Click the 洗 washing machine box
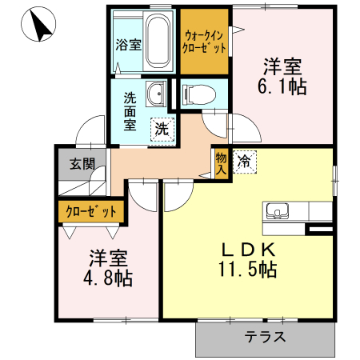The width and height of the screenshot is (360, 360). (x=162, y=127)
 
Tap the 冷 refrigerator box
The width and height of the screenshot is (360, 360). (x=245, y=160)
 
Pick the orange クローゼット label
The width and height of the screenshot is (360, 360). (x=91, y=211)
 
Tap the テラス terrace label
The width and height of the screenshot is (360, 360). (x=266, y=336)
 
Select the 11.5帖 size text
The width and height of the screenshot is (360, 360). (x=249, y=270)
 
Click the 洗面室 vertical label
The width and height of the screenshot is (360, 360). (x=130, y=113)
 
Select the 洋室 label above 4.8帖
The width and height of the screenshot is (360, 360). (x=108, y=258)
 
